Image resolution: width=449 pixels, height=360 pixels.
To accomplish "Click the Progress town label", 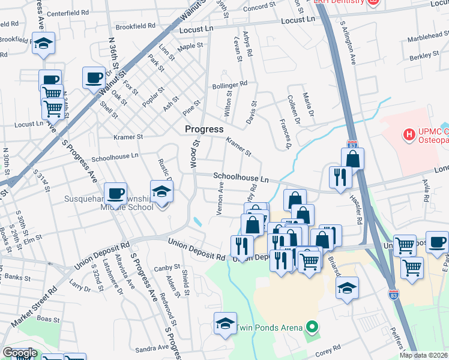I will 204,129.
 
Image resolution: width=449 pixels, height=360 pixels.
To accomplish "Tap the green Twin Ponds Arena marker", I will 311,327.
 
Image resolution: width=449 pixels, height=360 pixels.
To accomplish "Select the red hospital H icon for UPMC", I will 411,134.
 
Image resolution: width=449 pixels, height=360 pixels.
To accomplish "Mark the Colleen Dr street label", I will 292,106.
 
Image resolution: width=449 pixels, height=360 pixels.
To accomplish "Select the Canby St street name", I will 167,268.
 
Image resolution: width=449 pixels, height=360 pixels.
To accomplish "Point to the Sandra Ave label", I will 152,348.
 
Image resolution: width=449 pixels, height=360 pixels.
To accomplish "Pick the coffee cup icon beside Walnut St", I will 93,78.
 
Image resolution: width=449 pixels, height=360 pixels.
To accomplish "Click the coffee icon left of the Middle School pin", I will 115,194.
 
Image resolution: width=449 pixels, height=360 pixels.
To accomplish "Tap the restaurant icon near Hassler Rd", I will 339,177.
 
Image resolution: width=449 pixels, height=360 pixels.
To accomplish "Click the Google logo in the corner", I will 19,353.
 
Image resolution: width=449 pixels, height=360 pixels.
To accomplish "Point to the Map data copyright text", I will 423,355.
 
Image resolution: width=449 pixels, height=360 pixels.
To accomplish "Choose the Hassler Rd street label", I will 360,212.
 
